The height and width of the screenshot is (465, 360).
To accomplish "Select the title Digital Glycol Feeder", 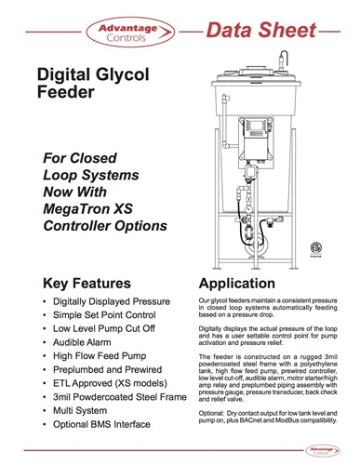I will (89, 84).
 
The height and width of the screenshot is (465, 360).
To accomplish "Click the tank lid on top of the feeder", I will (256, 63).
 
